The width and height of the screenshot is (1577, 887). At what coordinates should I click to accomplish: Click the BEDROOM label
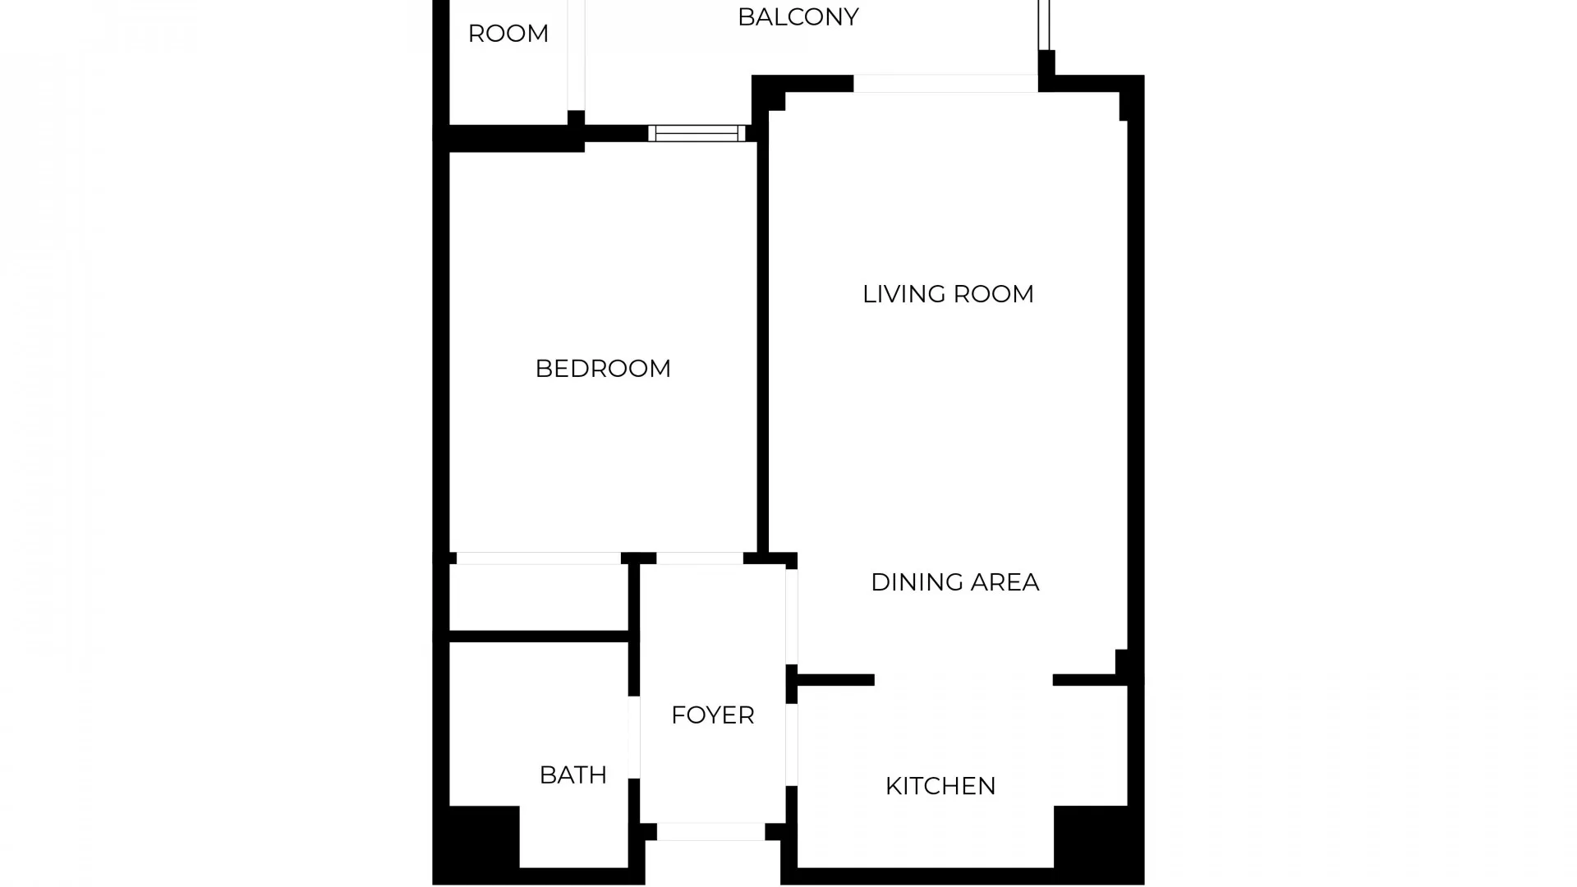(x=603, y=369)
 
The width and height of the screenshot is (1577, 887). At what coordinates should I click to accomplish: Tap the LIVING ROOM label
(x=948, y=294)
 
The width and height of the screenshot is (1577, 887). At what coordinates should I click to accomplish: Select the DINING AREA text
(x=954, y=582)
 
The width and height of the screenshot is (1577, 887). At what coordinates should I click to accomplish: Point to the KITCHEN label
(x=940, y=786)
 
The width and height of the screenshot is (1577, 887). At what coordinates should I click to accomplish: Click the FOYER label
(x=712, y=715)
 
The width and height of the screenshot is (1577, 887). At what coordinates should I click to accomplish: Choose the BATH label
(x=572, y=774)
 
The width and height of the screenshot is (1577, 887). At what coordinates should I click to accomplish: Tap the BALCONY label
(x=798, y=17)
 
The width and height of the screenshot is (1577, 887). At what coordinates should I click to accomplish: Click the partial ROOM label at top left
(x=508, y=34)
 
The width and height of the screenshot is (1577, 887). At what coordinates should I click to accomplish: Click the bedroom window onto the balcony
(x=697, y=133)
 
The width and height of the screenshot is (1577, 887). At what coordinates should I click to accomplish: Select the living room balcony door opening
(x=945, y=83)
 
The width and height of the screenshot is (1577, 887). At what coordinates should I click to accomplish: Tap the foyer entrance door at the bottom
(x=710, y=831)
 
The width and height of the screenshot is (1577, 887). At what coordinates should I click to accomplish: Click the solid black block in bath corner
(x=484, y=836)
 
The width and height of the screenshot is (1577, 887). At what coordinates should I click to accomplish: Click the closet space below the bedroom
(x=538, y=597)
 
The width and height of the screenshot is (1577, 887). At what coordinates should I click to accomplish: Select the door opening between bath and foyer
(x=634, y=737)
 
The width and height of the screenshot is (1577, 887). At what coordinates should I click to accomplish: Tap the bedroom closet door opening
(x=538, y=558)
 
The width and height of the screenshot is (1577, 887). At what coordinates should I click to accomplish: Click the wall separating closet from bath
(x=538, y=637)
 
